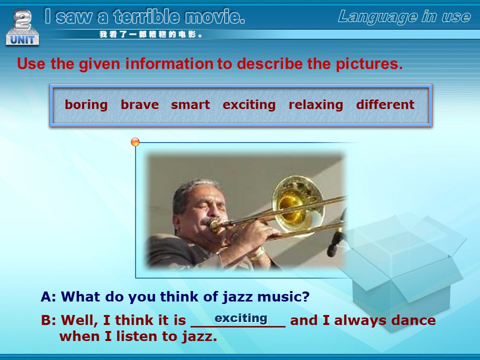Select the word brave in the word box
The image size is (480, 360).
point(139,104)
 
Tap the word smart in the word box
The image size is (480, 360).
point(190,104)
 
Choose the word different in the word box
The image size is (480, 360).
point(385,104)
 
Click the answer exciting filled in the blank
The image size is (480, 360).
point(241,318)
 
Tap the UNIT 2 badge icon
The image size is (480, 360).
point(22,27)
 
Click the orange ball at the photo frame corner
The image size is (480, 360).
point(135,142)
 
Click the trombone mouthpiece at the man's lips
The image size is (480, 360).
point(215,226)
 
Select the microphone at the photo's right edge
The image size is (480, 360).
point(336,235)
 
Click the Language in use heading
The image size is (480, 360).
point(404,17)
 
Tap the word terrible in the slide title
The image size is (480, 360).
point(146,16)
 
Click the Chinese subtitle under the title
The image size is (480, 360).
point(151,34)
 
